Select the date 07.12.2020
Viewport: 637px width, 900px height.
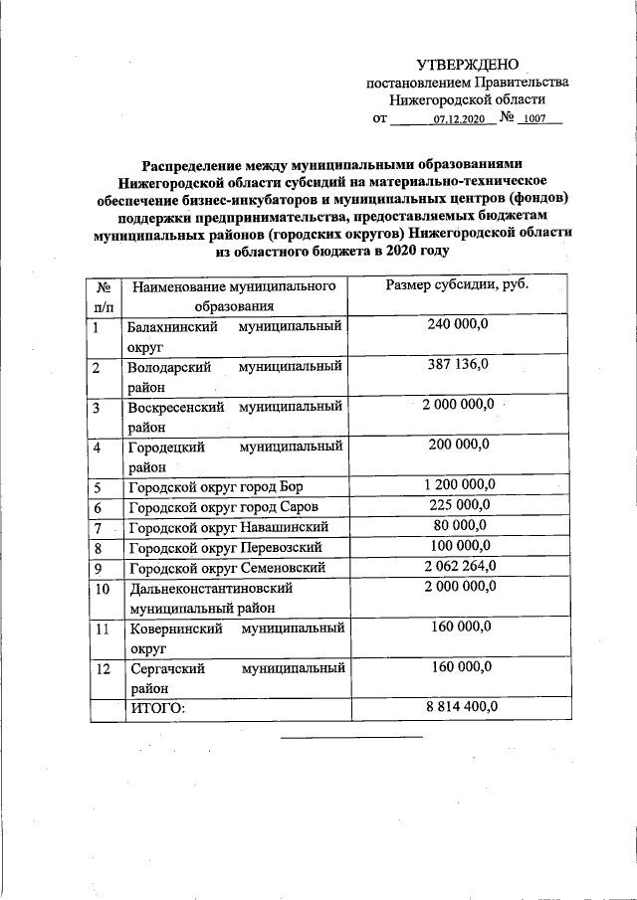point(458,119)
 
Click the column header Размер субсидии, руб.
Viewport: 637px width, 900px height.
point(457,286)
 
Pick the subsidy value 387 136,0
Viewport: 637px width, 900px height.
point(457,366)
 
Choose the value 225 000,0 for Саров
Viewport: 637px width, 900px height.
point(457,506)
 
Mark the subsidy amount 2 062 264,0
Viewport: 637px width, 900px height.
point(457,567)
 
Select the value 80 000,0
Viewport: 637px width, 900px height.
point(457,526)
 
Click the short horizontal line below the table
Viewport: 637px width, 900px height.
point(351,737)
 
